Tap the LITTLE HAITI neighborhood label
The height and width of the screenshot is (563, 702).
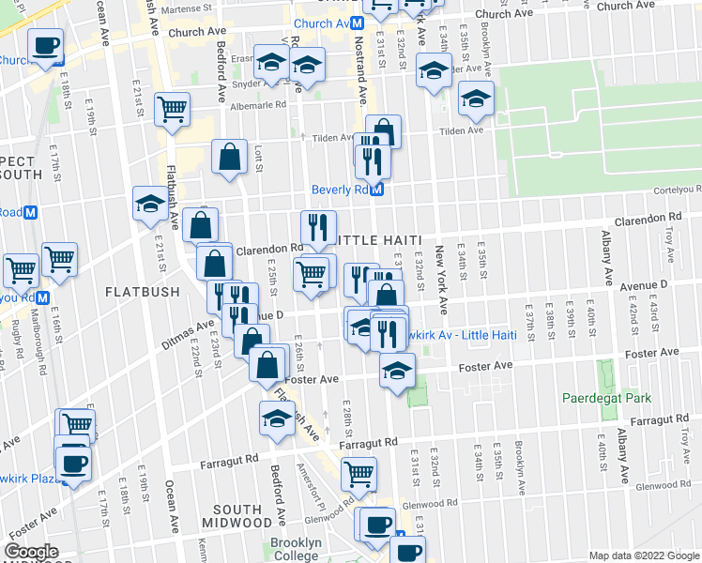(374, 241)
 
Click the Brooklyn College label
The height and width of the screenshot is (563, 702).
(296, 550)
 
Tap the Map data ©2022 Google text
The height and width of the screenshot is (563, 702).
(643, 555)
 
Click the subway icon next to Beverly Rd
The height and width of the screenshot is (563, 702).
(377, 190)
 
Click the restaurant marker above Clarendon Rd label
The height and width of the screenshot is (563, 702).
(318, 226)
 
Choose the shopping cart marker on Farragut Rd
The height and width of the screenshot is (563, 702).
(359, 475)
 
